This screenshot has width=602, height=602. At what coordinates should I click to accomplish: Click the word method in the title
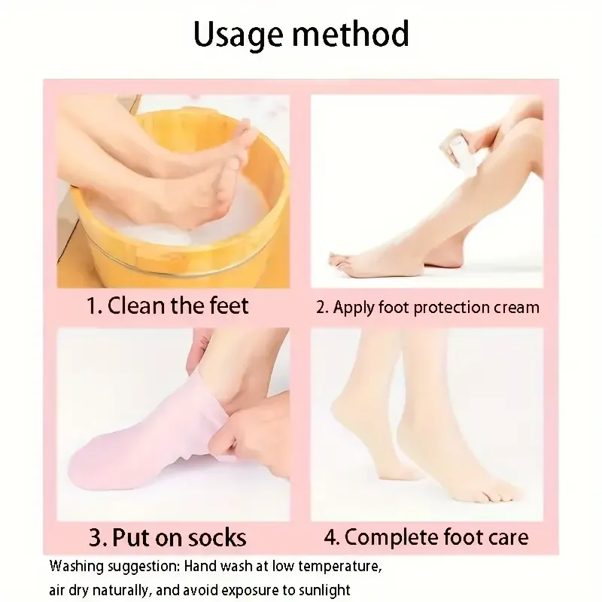[351, 34]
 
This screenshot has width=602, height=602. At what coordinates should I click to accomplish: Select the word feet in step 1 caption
[230, 306]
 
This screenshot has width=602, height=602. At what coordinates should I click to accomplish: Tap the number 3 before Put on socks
[96, 538]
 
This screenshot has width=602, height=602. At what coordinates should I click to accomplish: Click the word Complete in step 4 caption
[391, 537]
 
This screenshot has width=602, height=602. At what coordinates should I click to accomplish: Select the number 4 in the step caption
[330, 537]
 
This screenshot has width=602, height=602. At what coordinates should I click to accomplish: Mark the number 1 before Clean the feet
[91, 306]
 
